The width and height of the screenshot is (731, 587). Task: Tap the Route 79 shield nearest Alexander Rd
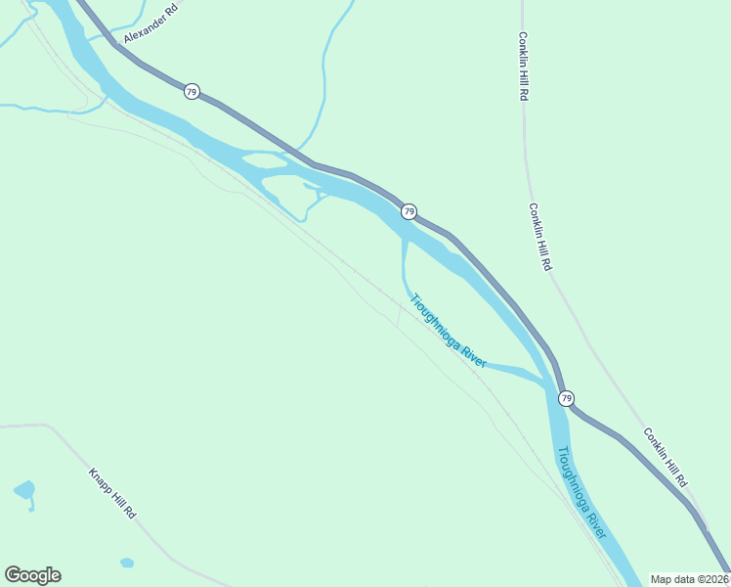tap(192, 91)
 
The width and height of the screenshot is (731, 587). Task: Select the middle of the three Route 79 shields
tap(408, 211)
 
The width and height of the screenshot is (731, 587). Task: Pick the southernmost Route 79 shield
tap(566, 398)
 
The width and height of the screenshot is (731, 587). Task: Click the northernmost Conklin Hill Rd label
tap(524, 66)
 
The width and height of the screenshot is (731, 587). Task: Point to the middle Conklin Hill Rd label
tap(540, 237)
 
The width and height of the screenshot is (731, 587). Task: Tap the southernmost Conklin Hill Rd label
tap(665, 457)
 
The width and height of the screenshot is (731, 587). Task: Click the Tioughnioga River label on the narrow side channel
tap(448, 331)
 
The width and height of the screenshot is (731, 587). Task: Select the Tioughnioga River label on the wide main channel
tap(581, 492)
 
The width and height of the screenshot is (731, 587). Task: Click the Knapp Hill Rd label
tap(112, 494)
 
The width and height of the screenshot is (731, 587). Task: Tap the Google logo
tap(32, 575)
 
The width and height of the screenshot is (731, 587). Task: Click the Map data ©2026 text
tap(689, 579)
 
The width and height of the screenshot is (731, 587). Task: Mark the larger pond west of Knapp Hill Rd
tap(24, 489)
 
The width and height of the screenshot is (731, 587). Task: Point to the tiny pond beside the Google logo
tap(126, 563)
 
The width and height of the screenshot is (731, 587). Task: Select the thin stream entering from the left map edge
tap(29, 107)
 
